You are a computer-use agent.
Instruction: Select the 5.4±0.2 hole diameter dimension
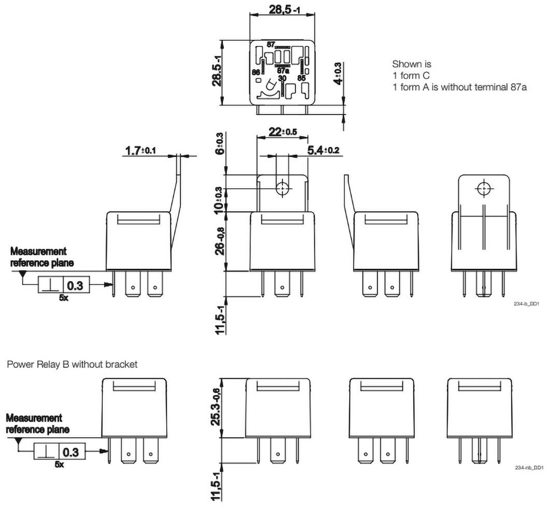[323, 149]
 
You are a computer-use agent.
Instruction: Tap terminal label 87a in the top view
[283, 70]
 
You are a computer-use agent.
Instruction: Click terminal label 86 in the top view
[256, 71]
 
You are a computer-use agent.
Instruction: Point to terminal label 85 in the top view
[301, 78]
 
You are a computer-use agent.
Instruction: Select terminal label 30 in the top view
[281, 77]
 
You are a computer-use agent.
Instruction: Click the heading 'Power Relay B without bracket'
[72, 364]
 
